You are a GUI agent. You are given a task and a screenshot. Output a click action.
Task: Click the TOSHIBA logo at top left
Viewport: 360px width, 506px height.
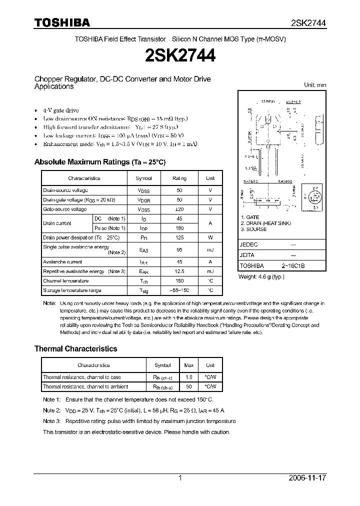(62, 22)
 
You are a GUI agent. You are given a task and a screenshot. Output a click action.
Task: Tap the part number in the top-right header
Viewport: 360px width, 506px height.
(308, 23)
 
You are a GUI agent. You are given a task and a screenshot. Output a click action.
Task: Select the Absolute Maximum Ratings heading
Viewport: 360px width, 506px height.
(99, 162)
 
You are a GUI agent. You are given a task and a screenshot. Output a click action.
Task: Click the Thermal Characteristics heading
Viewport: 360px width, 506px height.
(75, 349)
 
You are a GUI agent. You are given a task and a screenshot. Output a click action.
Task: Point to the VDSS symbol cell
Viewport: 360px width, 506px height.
(143, 190)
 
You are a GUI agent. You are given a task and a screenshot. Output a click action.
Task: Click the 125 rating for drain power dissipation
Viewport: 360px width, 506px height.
(179, 237)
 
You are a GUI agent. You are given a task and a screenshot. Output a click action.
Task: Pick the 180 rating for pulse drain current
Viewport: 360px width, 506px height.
(179, 228)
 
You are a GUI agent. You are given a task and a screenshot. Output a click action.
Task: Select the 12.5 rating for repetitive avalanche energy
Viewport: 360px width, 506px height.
(179, 271)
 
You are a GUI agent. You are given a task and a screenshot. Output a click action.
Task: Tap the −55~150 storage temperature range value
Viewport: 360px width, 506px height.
(179, 290)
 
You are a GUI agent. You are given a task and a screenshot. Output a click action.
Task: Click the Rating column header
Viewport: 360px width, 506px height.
(179, 178)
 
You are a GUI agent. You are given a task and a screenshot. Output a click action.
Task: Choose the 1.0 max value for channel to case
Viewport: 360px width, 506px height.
(189, 377)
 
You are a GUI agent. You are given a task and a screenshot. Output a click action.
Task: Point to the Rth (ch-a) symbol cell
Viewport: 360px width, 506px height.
(163, 386)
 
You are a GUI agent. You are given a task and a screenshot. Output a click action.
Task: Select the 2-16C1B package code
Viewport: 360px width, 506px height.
(292, 266)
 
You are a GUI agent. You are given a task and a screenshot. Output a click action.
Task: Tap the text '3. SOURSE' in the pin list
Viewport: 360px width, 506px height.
(254, 229)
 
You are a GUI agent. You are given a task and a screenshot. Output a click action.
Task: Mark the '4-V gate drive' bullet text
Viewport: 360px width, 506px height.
(60, 110)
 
